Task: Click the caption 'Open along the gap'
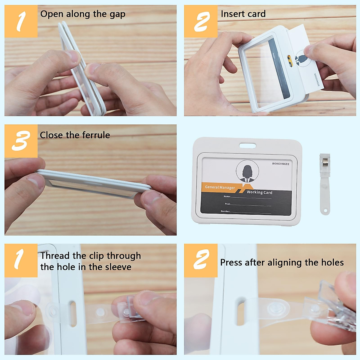point(83,14)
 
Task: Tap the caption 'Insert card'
point(243,14)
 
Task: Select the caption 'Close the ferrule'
point(75,135)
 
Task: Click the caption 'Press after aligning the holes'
point(282,262)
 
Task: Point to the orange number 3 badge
point(21,141)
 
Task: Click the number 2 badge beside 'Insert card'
point(201,21)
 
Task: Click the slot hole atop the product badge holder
point(247,146)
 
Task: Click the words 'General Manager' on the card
point(220,187)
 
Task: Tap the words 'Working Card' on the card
point(259,192)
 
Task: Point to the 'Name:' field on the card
point(227,196)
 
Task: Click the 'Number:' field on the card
point(225,211)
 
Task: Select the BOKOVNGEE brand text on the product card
point(280,164)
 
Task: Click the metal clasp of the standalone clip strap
point(325,163)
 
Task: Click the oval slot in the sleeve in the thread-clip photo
point(73,313)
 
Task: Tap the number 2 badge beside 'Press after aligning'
point(201,260)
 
